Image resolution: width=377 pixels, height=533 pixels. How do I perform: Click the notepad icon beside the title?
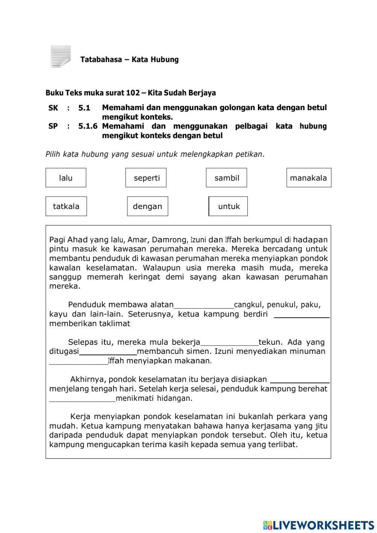pyautogui.click(x=60, y=57)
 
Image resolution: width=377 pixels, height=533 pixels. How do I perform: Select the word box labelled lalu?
pyautogui.click(x=66, y=178)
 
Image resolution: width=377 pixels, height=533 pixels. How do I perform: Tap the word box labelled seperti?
pyautogui.click(x=146, y=178)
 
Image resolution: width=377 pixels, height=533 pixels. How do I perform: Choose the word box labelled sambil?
pyautogui.click(x=227, y=178)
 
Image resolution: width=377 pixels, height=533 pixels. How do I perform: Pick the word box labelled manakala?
pyautogui.click(x=309, y=178)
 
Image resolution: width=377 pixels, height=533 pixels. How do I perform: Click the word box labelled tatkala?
pyautogui.click(x=66, y=206)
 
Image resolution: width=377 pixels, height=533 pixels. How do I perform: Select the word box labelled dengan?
pyautogui.click(x=147, y=206)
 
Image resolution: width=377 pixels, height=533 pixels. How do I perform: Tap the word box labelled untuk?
pyautogui.click(x=228, y=206)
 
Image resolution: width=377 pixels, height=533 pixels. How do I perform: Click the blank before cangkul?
pyautogui.click(x=204, y=305)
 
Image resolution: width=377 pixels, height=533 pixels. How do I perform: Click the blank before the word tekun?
pyautogui.click(x=230, y=343)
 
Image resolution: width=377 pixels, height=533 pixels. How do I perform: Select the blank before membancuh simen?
pyautogui.click(x=108, y=352)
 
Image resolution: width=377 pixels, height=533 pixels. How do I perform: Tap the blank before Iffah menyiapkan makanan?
pyautogui.click(x=78, y=361)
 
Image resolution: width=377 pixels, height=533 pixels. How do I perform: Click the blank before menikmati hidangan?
pyautogui.click(x=82, y=398)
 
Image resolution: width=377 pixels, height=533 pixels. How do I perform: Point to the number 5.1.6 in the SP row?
pyautogui.click(x=88, y=126)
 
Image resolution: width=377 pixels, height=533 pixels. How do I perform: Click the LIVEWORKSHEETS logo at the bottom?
pyautogui.click(x=318, y=525)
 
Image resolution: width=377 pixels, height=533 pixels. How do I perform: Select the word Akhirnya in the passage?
pyautogui.click(x=84, y=379)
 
